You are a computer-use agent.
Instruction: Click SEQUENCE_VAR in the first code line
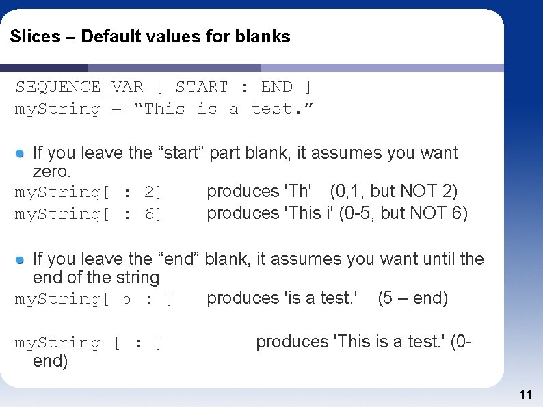(79, 87)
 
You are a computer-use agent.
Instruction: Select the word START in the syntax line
(201, 87)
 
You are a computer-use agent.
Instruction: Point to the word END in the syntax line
(276, 87)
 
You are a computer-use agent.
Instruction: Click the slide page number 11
(526, 394)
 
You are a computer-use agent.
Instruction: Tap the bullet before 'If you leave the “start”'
(21, 153)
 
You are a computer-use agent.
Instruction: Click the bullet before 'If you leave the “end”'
(21, 259)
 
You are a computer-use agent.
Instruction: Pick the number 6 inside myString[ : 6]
(149, 214)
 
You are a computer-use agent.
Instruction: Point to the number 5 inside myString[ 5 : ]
(127, 299)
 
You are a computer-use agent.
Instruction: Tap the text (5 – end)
(412, 298)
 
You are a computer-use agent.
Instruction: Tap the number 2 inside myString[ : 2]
(149, 192)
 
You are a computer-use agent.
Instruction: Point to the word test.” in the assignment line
(282, 109)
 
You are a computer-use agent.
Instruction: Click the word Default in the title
(111, 37)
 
